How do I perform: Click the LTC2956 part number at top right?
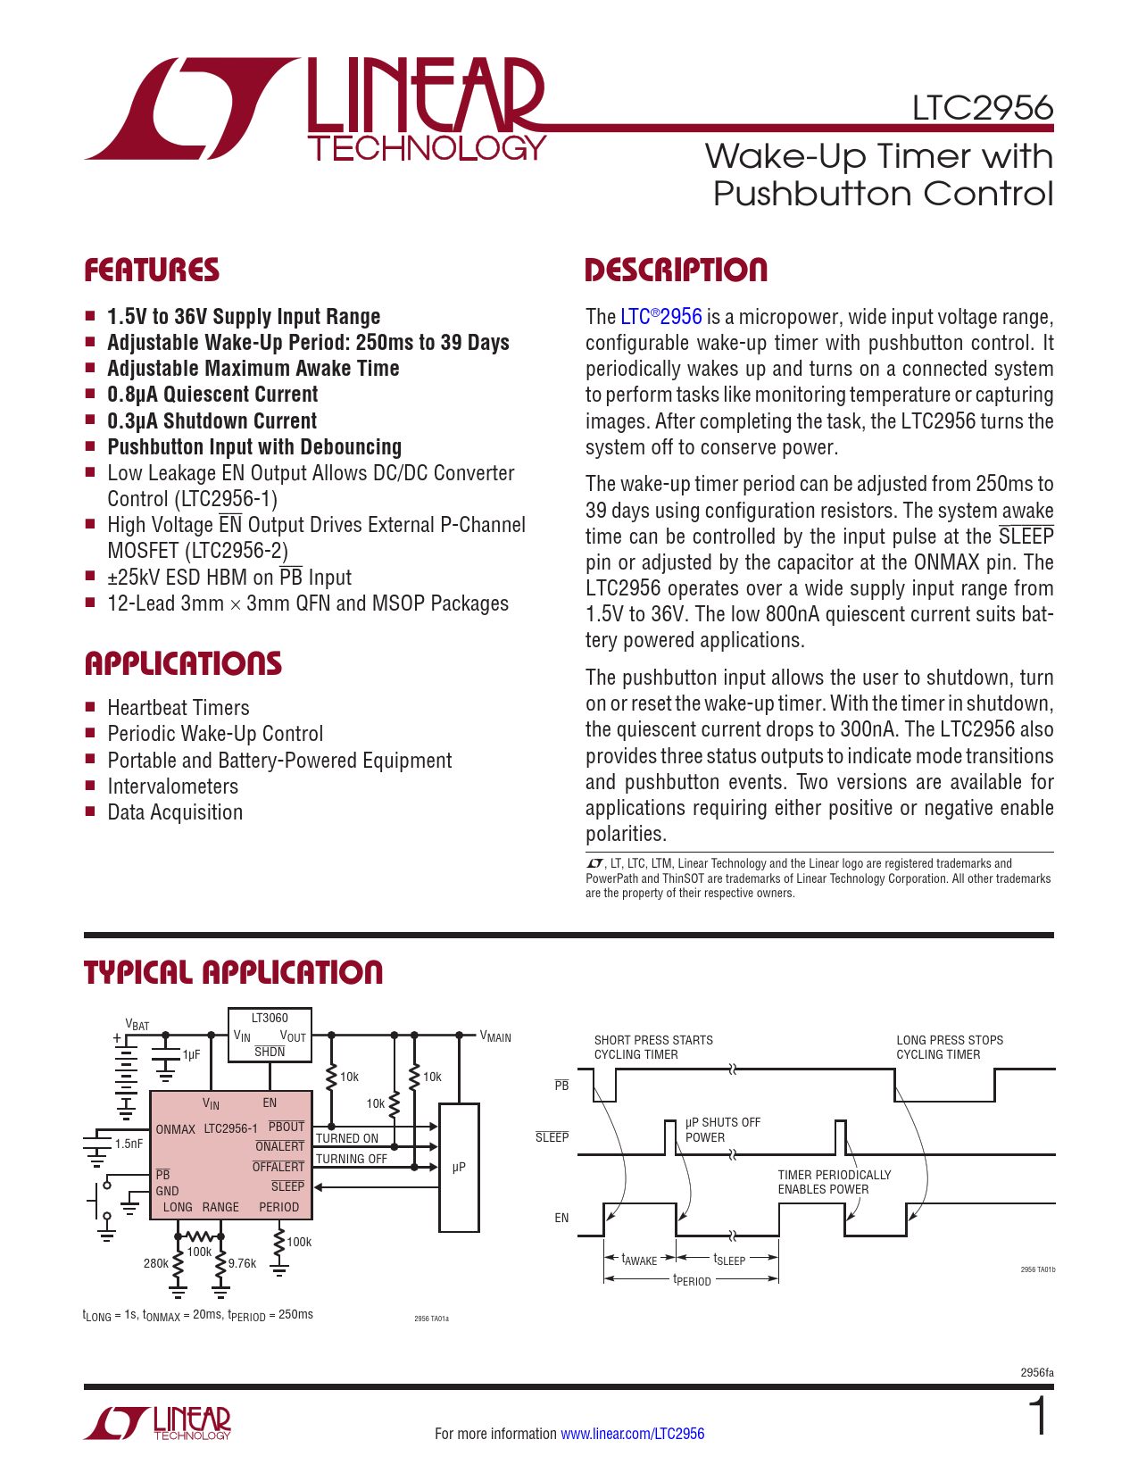pyautogui.click(x=982, y=109)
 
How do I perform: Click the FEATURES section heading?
pyautogui.click(x=152, y=270)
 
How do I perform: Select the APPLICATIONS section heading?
pyautogui.click(x=183, y=663)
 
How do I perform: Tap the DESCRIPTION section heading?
pyautogui.click(x=676, y=270)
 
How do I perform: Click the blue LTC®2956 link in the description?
pyautogui.click(x=660, y=317)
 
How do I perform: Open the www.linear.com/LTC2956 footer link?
pyautogui.click(x=632, y=1434)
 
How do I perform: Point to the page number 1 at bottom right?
pyautogui.click(x=1037, y=1418)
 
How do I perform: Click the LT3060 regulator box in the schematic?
pyautogui.click(x=270, y=1035)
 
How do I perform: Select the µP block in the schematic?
pyautogui.click(x=459, y=1167)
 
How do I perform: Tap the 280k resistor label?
pyautogui.click(x=155, y=1263)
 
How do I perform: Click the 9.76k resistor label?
pyautogui.click(x=242, y=1263)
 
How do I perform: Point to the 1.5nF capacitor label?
pyautogui.click(x=129, y=1144)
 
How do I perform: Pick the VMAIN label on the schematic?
pyautogui.click(x=495, y=1036)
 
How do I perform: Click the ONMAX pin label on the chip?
pyautogui.click(x=175, y=1129)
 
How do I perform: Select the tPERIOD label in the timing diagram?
pyautogui.click(x=692, y=1281)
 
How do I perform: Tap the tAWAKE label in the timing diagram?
pyautogui.click(x=639, y=1261)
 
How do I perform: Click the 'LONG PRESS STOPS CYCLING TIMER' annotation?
pyautogui.click(x=950, y=1047)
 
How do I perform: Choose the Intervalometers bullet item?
pyautogui.click(x=173, y=786)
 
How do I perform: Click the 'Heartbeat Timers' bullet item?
pyautogui.click(x=179, y=708)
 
